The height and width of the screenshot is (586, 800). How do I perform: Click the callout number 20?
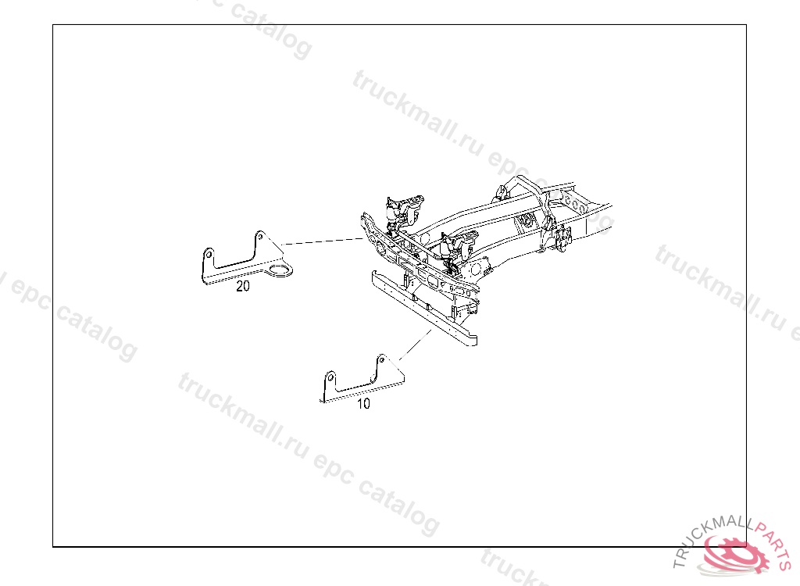(243, 286)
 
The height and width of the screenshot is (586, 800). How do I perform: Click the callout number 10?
(363, 404)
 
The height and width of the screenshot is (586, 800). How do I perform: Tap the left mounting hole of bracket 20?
(209, 254)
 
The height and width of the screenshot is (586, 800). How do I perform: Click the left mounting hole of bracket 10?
(330, 380)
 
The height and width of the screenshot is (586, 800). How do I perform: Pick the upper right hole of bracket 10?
(382, 360)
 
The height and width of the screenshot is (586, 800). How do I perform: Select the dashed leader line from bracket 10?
(414, 346)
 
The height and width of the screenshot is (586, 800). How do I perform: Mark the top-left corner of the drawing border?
(53, 25)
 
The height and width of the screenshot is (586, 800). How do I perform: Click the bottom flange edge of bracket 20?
(234, 280)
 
